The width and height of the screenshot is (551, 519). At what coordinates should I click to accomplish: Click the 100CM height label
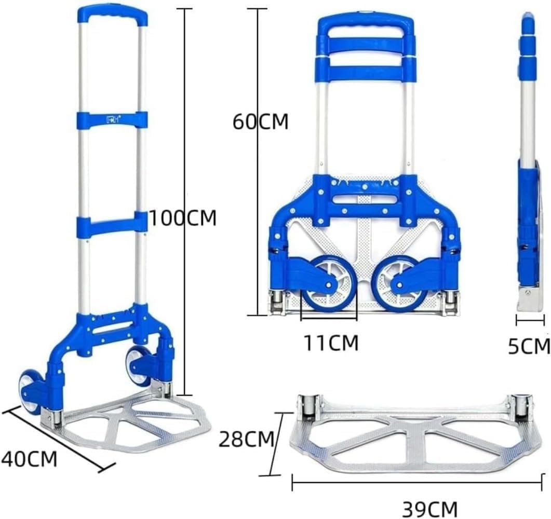183,218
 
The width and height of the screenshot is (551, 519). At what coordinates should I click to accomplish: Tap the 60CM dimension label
260,121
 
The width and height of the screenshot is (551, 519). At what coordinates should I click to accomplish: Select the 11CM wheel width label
331,343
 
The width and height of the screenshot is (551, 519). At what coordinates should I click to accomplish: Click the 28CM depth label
246,439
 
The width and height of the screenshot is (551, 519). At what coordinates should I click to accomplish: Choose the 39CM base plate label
430,509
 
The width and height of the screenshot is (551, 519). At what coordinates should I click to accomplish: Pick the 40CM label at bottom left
29,458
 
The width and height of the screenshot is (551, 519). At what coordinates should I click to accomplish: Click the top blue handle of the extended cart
112,16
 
